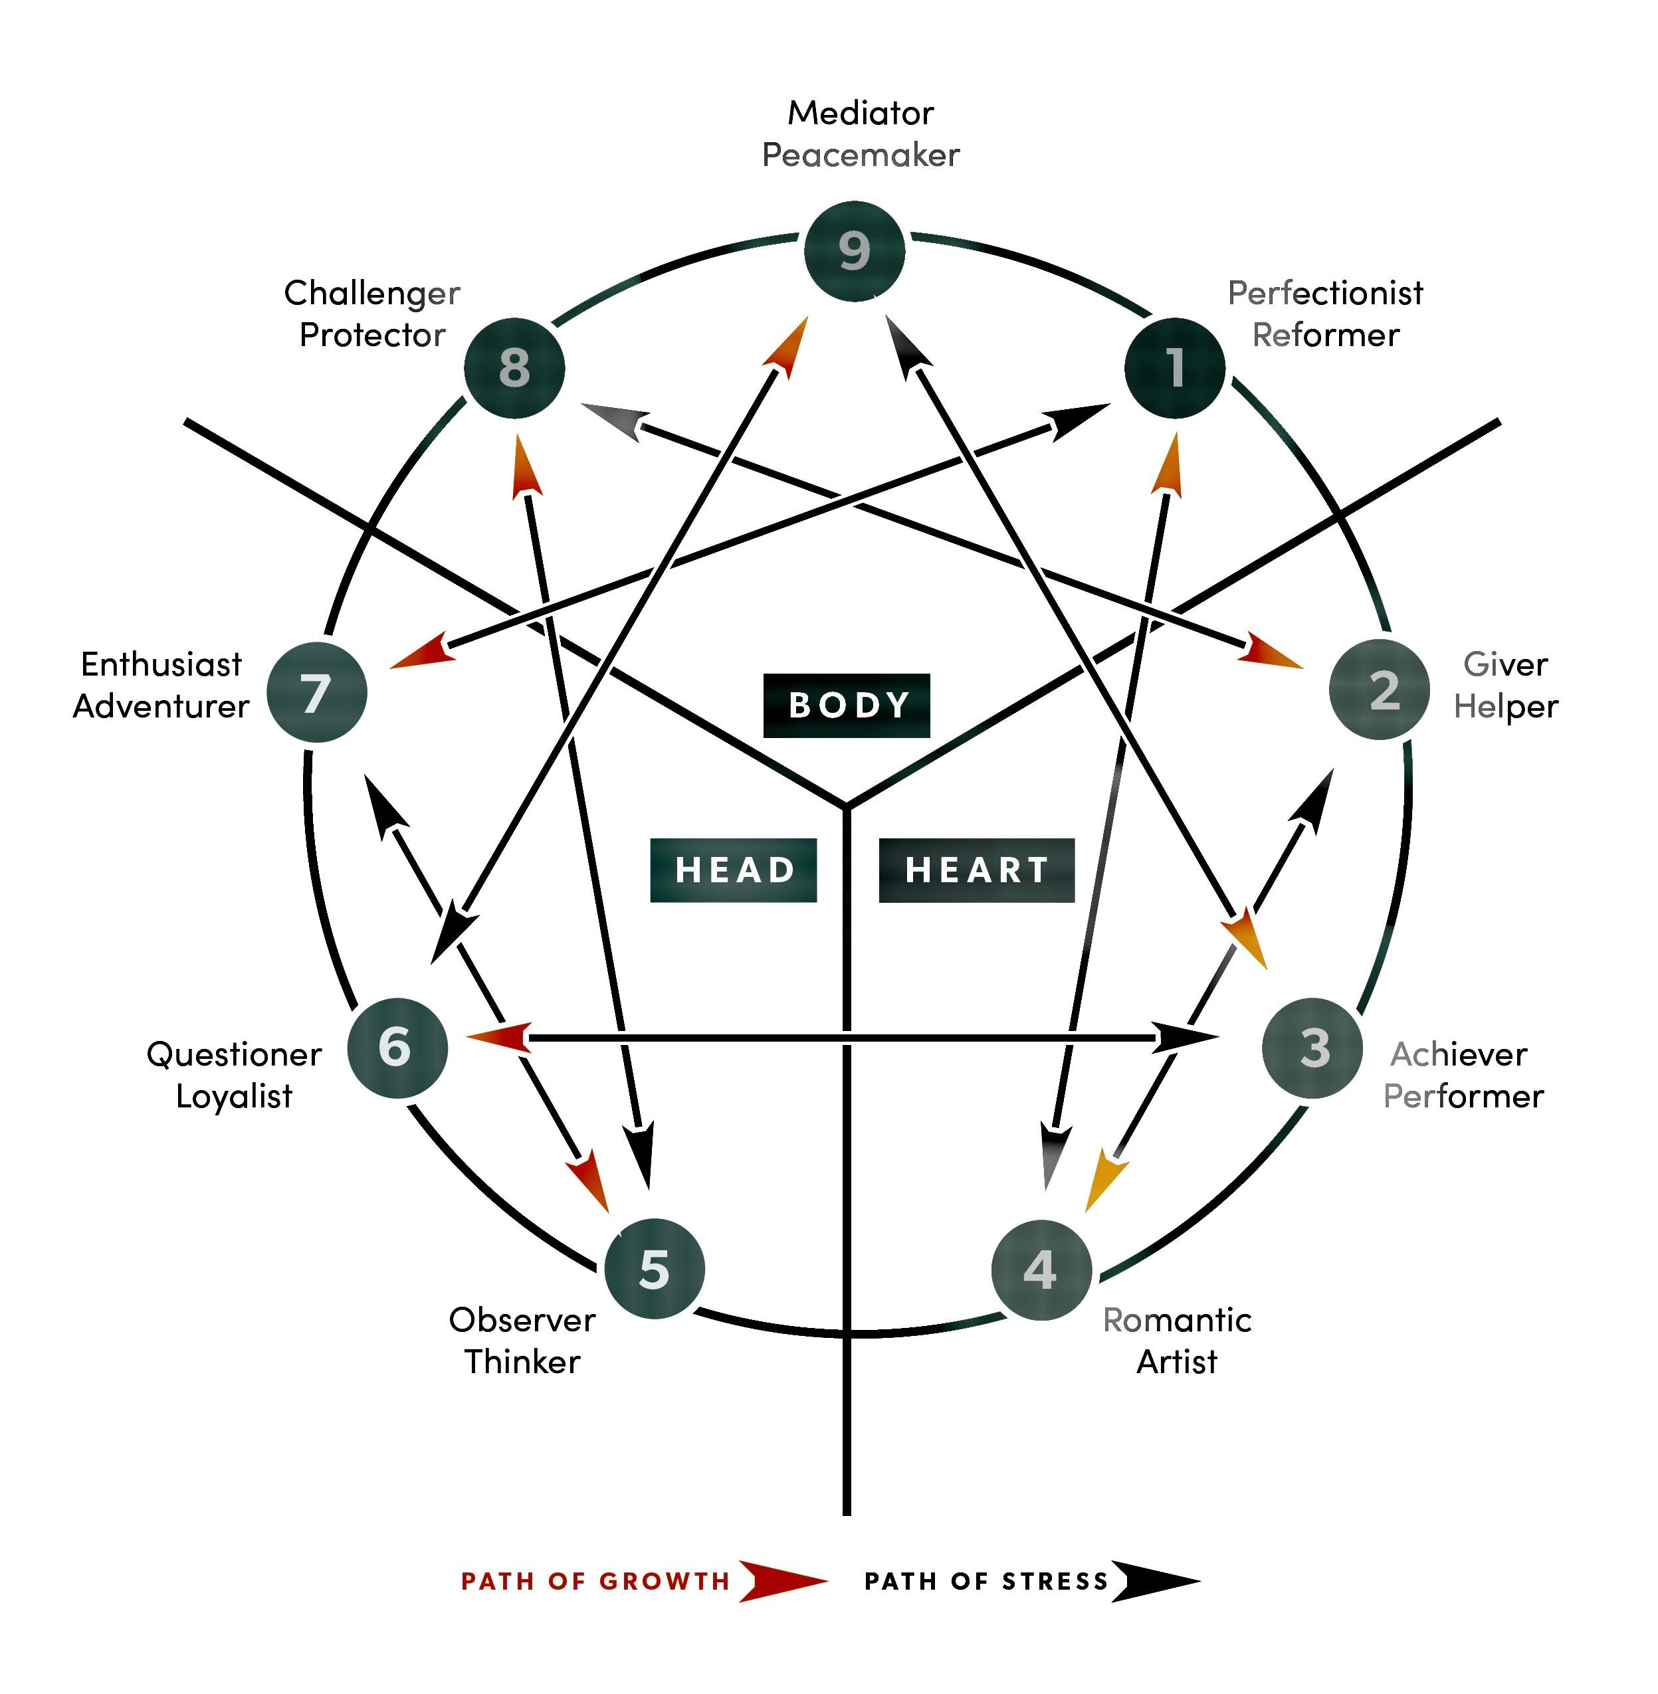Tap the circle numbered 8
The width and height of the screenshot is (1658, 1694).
(514, 368)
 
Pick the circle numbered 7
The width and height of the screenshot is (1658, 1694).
(317, 693)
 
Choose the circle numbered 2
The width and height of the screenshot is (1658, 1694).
(1380, 690)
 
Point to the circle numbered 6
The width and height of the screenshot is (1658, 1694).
(397, 1047)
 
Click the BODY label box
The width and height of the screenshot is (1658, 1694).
(847, 705)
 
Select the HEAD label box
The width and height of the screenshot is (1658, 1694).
(733, 870)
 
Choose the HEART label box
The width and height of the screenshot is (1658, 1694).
(976, 870)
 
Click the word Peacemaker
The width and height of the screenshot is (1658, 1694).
(861, 155)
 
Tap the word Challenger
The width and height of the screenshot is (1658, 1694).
(372, 294)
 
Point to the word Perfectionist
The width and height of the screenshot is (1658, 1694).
(1324, 294)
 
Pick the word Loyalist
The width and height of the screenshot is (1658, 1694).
(233, 1096)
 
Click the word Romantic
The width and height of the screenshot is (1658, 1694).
(1176, 1320)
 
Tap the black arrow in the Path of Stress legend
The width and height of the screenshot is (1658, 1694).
(1154, 1581)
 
